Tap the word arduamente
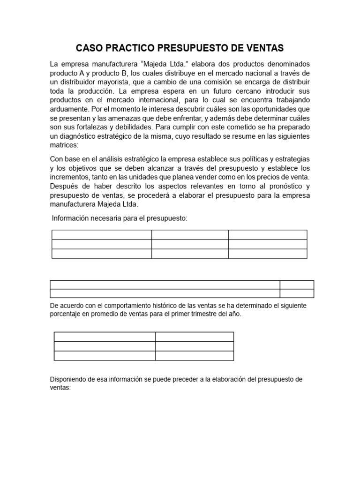(68, 109)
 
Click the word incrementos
(69, 177)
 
